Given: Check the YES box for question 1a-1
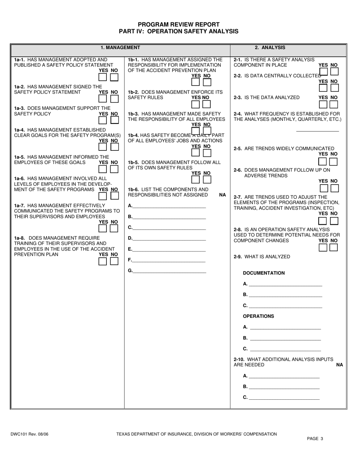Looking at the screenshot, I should [x=103, y=77].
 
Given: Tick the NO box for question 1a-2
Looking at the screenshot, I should [x=114, y=99].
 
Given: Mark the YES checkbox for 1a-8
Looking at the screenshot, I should [x=103, y=261].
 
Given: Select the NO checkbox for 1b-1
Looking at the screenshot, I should [x=207, y=81].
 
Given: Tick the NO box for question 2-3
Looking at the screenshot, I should [x=334, y=104].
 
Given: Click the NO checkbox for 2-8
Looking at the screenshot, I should [x=333, y=247].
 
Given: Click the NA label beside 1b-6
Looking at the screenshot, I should [x=222, y=195].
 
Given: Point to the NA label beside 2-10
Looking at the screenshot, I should [x=340, y=365].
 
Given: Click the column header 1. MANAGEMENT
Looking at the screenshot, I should [x=120, y=48].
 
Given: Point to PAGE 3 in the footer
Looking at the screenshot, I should [x=315, y=439].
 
